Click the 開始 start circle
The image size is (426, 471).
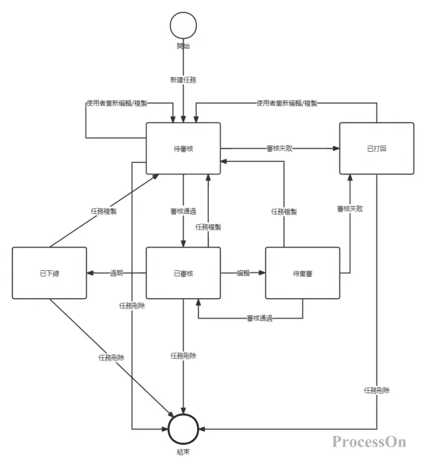[183, 27]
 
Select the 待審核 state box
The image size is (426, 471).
[183, 148]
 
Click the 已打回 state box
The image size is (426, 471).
[376, 148]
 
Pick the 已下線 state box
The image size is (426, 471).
[50, 273]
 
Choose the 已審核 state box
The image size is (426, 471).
[183, 273]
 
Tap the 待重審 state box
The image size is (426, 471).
[302, 273]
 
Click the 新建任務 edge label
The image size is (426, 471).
[183, 80]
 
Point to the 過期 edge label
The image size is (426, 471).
[117, 273]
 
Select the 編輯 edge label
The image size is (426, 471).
[243, 273]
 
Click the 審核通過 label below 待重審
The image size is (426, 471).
[260, 318]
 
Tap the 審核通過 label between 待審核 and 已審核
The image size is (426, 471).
[183, 212]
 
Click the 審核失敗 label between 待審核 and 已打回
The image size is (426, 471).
[280, 148]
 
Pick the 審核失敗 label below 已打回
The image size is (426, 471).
[350, 209]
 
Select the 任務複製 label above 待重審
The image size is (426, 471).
[284, 212]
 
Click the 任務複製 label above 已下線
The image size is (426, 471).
[104, 211]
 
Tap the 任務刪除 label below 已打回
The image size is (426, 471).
[376, 390]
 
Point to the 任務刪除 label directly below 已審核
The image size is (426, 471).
[183, 356]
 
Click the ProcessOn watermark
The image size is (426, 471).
[369, 442]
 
